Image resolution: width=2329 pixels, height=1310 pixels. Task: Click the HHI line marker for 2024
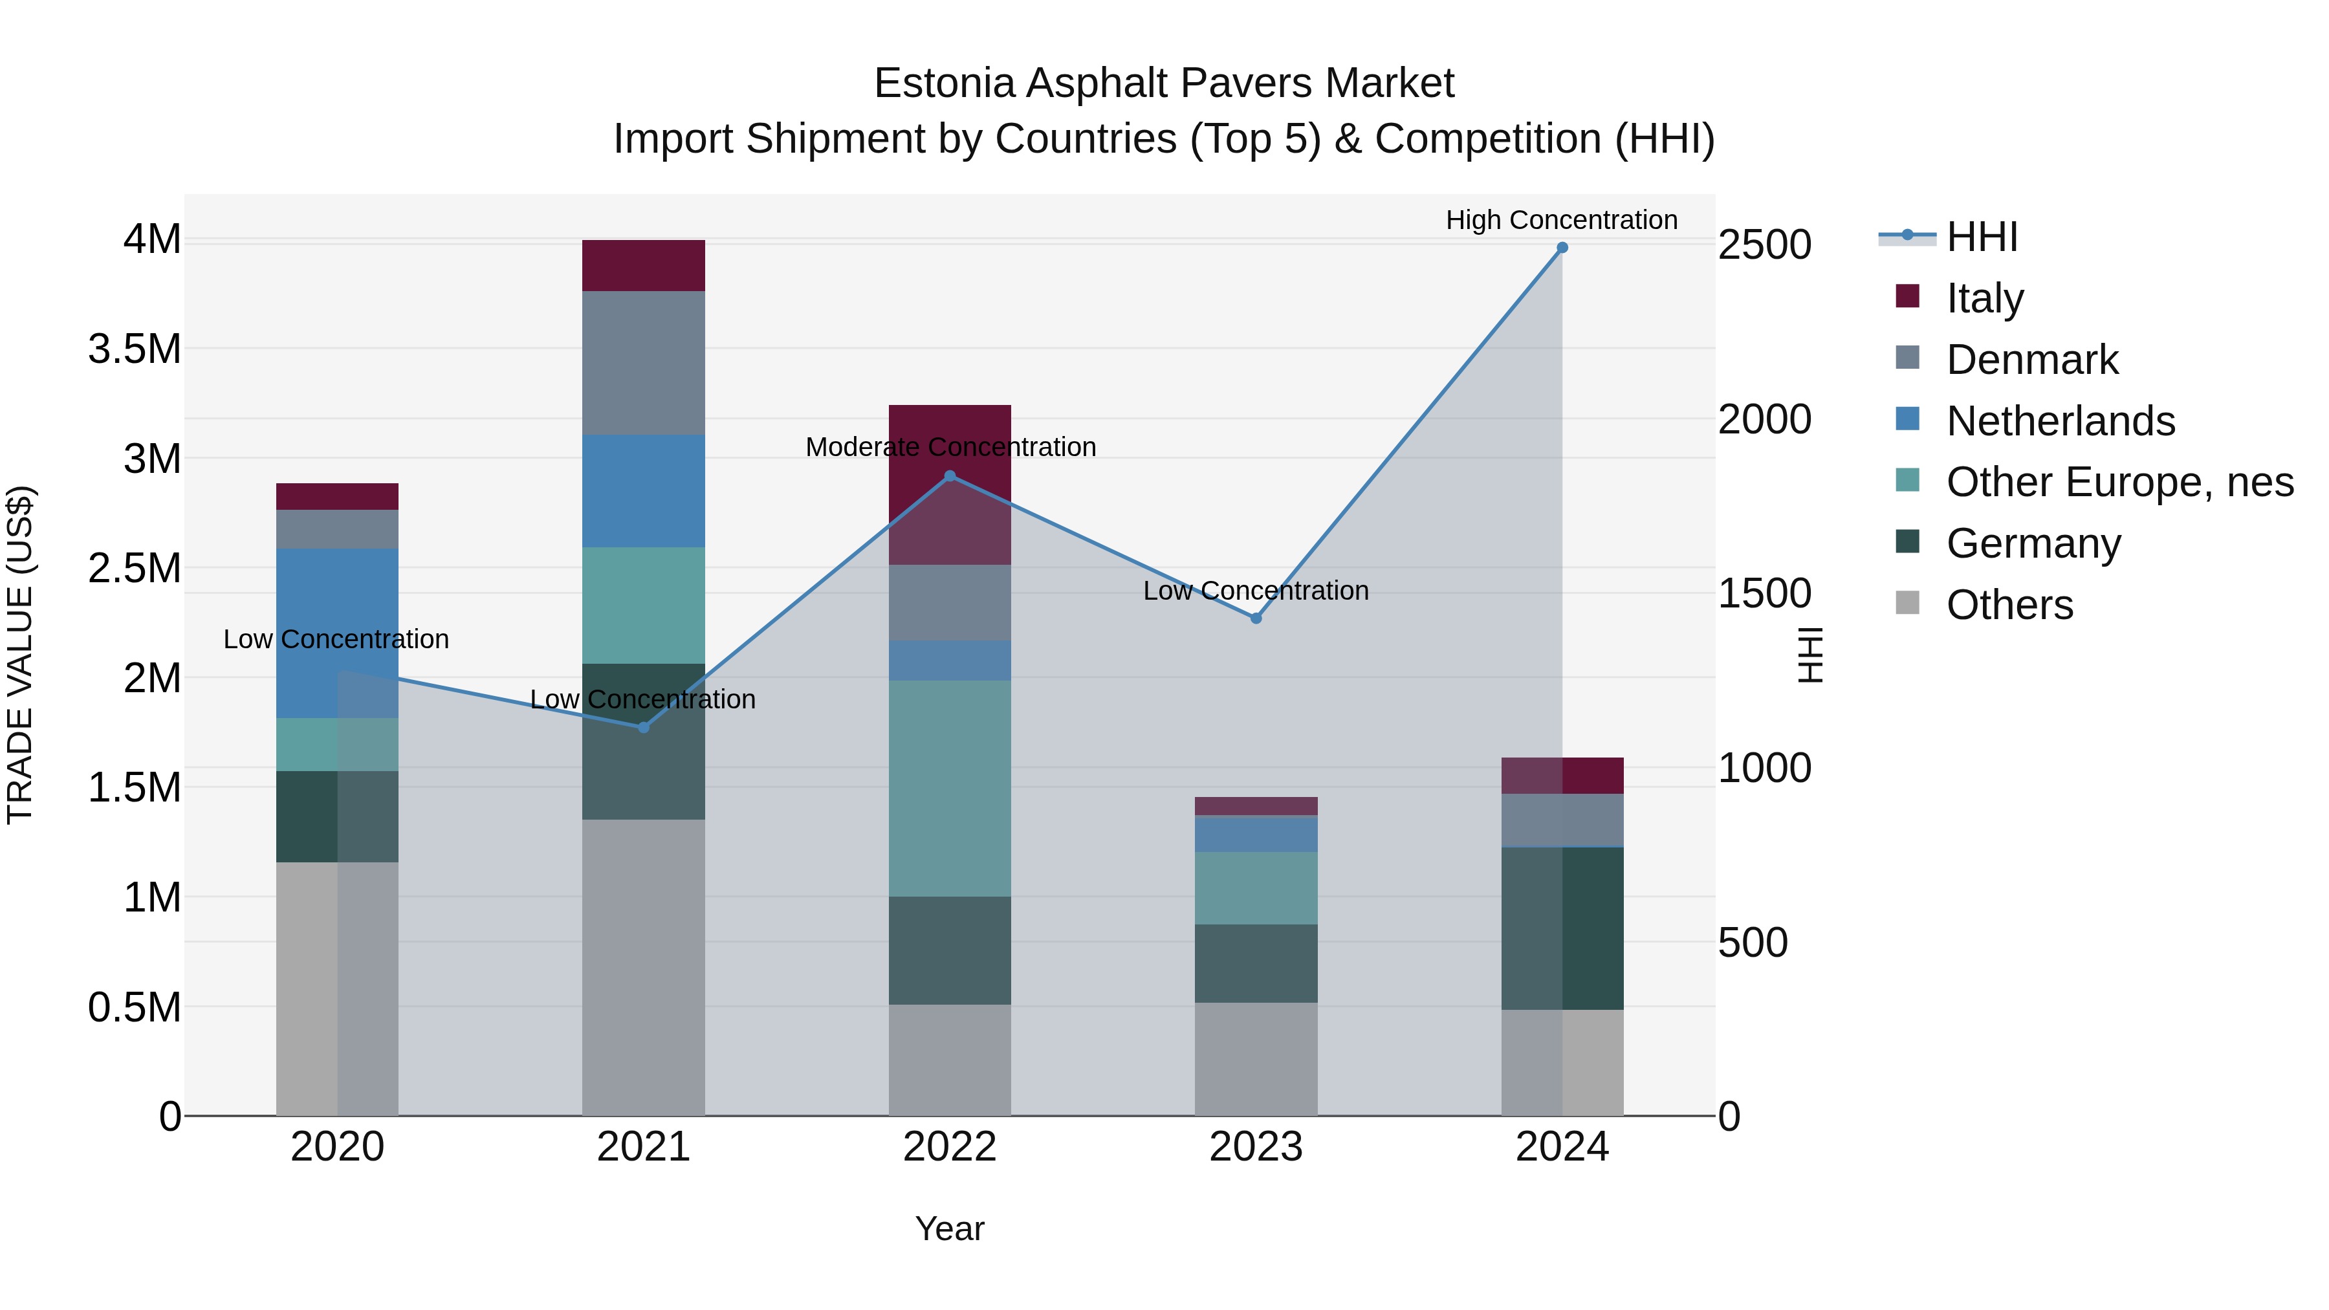point(1562,248)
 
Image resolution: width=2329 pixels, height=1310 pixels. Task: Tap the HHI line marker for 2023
point(1256,618)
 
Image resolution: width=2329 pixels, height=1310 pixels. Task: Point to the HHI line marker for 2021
point(644,727)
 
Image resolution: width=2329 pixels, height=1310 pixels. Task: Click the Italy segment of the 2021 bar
point(643,266)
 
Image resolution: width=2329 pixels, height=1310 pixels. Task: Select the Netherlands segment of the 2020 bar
point(337,633)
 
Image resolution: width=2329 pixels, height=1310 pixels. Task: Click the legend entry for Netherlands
point(2061,421)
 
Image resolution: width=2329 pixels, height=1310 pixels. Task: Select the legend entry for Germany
point(2033,544)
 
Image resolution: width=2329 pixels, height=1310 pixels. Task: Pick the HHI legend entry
point(1981,237)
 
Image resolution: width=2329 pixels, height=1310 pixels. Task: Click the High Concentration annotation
point(1562,220)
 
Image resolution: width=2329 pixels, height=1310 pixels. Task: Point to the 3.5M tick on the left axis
point(135,349)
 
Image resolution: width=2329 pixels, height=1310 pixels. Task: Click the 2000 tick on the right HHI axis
point(1764,419)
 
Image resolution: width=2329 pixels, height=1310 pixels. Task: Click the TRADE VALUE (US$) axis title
point(20,655)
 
